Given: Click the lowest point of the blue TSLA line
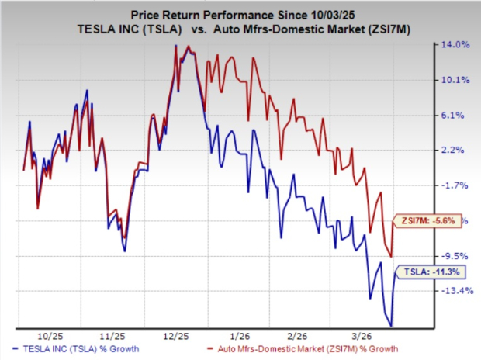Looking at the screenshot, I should coord(391,325).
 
